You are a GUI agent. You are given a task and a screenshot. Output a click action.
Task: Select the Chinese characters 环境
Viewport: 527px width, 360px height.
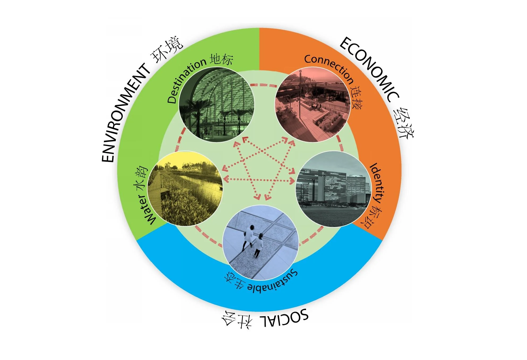[x=167, y=49]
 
